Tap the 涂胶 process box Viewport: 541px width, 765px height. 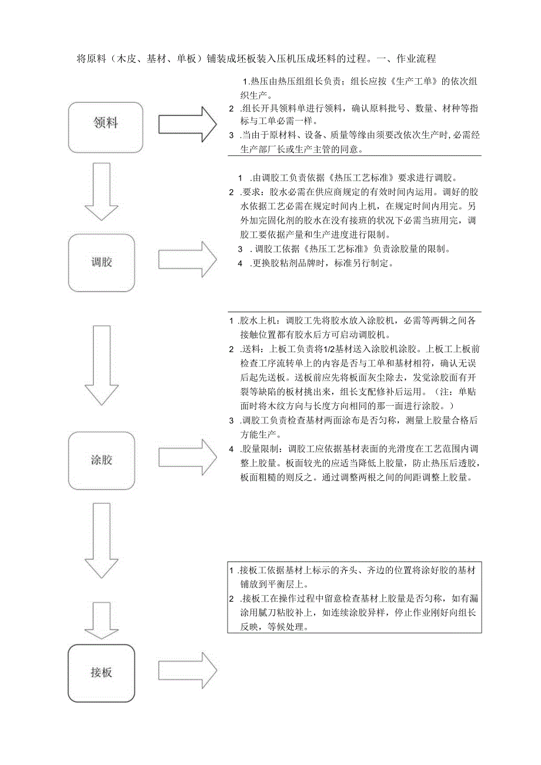(x=102, y=460)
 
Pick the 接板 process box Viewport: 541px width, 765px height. (x=101, y=673)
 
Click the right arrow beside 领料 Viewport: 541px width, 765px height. (x=188, y=123)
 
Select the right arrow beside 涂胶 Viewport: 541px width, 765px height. (x=188, y=456)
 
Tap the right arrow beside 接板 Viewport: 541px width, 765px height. (x=188, y=670)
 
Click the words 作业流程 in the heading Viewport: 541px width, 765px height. (x=416, y=59)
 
